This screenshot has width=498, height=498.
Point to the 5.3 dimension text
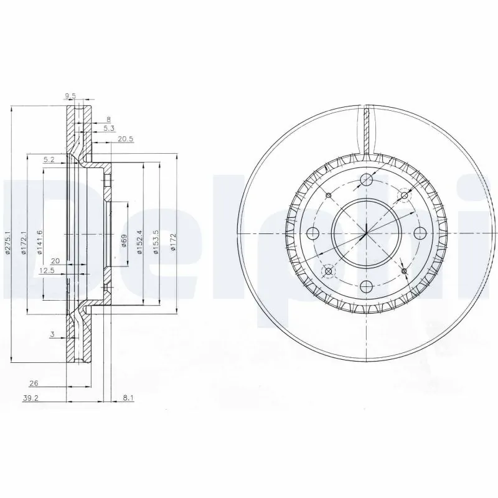tap(108, 128)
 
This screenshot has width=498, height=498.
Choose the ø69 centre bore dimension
tap(124, 242)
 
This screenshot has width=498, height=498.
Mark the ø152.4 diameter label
tap(141, 242)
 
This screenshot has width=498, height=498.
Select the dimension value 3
tap(54, 335)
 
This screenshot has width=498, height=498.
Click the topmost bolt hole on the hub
tap(366, 181)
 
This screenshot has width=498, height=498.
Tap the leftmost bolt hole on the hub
tap(313, 233)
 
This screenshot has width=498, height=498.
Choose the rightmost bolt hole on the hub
tap(420, 233)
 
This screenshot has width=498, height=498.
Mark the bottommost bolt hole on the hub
tap(366, 286)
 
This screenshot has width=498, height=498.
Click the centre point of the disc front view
tap(366, 233)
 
